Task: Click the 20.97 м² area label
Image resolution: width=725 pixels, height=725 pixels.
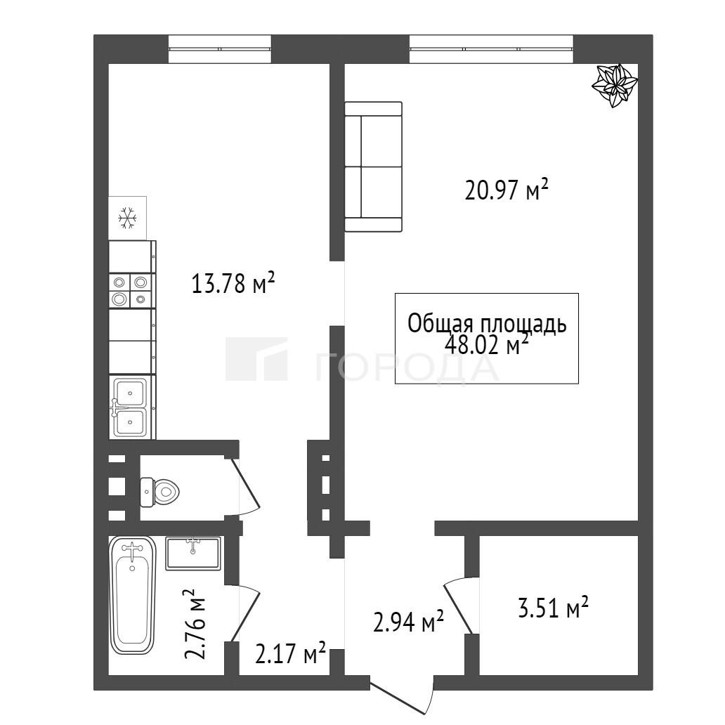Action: (507, 190)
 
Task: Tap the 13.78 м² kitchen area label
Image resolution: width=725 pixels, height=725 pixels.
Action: (233, 283)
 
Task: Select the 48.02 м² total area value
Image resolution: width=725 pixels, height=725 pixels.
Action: (486, 344)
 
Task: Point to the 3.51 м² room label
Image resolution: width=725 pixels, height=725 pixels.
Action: (553, 608)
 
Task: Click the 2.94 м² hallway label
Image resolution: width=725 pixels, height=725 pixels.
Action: (408, 622)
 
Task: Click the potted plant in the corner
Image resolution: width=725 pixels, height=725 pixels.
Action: (615, 86)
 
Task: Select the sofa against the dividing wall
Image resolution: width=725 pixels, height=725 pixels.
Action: (374, 166)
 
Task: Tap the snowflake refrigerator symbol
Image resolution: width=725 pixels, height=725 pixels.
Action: (128, 218)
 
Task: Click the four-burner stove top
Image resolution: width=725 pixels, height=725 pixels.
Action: (132, 291)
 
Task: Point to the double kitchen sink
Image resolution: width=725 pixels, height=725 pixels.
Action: (131, 407)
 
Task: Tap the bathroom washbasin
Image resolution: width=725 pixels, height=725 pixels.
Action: (193, 553)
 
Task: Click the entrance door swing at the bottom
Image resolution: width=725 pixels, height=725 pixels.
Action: (401, 697)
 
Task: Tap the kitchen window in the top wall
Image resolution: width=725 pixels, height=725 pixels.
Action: (220, 48)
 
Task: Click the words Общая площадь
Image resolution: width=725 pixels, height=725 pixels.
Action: (487, 324)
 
